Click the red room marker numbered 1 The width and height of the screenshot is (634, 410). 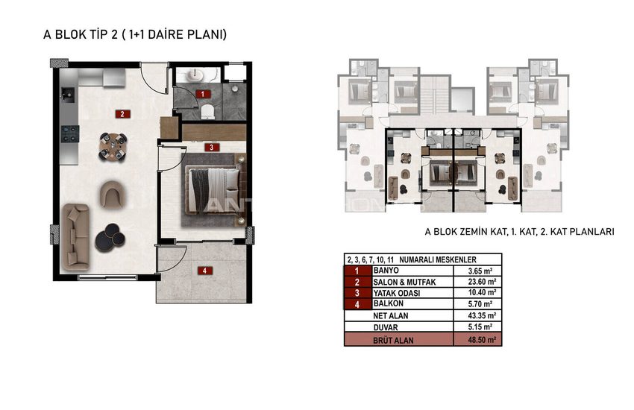click(x=203, y=94)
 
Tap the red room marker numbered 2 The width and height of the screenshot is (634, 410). click(x=122, y=114)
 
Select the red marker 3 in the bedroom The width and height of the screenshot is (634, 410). click(x=212, y=148)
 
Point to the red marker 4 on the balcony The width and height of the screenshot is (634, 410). click(x=204, y=271)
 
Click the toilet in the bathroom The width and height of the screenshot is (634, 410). click(x=207, y=112)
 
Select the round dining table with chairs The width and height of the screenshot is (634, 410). click(x=113, y=146)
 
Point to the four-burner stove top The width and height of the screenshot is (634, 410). click(x=70, y=133)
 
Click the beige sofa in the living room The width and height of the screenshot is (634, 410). click(x=75, y=237)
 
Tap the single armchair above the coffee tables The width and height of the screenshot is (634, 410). click(x=113, y=195)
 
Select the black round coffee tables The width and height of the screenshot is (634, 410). click(x=110, y=237)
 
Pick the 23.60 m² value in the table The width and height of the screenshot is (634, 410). click(x=482, y=282)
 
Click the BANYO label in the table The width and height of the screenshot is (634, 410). click(x=386, y=271)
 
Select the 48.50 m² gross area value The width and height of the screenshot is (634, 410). click(x=482, y=340)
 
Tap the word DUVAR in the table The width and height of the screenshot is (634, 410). click(x=386, y=327)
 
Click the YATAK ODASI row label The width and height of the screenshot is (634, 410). click(x=396, y=293)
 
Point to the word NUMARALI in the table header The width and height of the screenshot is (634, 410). click(x=417, y=259)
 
